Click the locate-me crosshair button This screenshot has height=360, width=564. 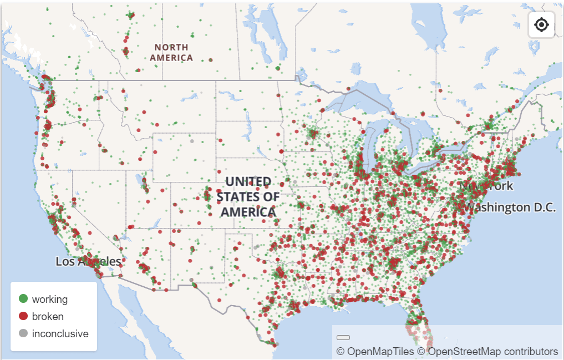point(541,25)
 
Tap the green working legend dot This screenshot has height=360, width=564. point(23,299)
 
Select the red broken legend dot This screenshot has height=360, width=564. point(23,316)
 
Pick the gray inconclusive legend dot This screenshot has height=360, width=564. point(23,333)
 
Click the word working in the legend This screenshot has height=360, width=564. point(50,299)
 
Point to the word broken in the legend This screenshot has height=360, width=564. point(48,316)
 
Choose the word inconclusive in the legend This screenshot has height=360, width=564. point(60,333)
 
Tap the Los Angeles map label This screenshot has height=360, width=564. point(88,261)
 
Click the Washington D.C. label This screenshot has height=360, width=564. point(509,207)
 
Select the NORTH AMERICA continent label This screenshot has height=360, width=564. point(171,52)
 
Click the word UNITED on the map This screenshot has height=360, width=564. point(248,182)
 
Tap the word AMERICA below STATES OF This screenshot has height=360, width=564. point(248,212)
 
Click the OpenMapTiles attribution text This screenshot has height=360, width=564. point(375,351)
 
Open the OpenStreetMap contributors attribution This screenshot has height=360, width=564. point(487,351)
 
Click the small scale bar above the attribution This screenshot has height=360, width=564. point(343,337)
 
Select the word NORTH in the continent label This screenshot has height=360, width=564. point(171,48)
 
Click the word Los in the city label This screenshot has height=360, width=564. point(64,261)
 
